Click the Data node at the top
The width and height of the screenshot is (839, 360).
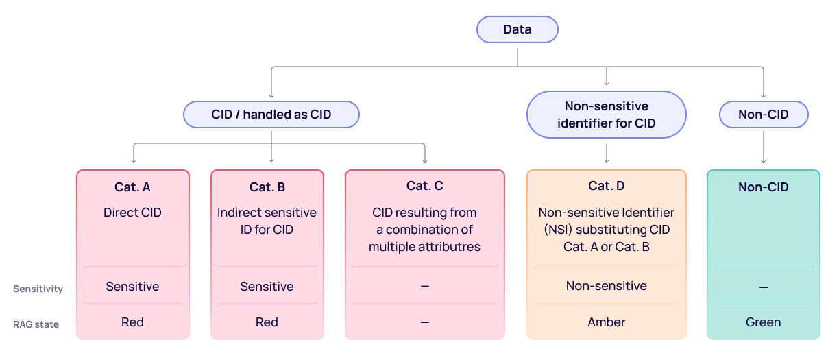click(x=518, y=29)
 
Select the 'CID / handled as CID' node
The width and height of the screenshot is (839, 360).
click(x=271, y=115)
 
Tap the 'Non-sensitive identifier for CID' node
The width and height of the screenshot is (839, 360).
click(x=606, y=115)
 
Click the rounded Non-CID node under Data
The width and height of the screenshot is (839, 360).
click(x=763, y=115)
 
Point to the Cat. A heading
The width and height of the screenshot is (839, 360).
click(x=132, y=187)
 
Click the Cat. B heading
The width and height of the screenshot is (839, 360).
click(x=267, y=187)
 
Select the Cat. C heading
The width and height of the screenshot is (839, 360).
click(x=424, y=186)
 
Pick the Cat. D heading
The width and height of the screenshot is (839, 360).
click(x=606, y=186)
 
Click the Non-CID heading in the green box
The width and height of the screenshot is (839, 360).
click(x=763, y=187)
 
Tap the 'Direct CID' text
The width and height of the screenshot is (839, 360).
click(x=132, y=213)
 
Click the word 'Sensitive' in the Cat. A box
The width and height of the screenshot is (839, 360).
click(x=132, y=287)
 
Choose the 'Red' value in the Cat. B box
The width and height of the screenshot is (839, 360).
click(x=267, y=322)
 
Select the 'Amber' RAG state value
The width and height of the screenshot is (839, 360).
click(x=606, y=322)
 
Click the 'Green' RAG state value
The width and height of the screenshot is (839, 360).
click(x=763, y=322)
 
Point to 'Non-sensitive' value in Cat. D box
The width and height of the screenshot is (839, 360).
click(x=606, y=286)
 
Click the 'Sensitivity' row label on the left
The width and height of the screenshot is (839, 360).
click(x=38, y=289)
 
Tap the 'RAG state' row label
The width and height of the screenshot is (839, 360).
click(x=36, y=324)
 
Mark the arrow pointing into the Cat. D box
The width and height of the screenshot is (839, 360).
click(x=606, y=154)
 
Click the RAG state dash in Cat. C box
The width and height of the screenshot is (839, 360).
click(x=424, y=322)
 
